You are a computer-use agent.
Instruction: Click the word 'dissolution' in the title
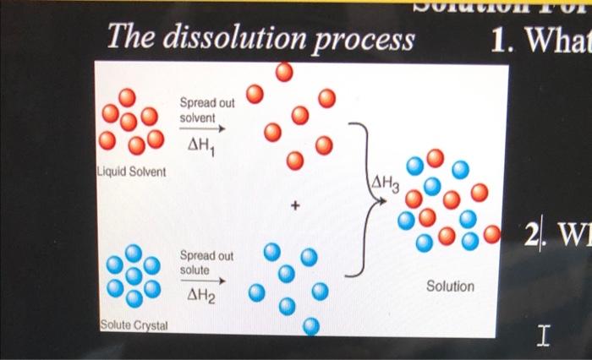233,39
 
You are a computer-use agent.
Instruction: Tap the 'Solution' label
450,286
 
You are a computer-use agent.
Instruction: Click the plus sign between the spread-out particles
295,205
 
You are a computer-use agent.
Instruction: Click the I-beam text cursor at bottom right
545,338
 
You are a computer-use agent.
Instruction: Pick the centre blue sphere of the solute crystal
133,275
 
